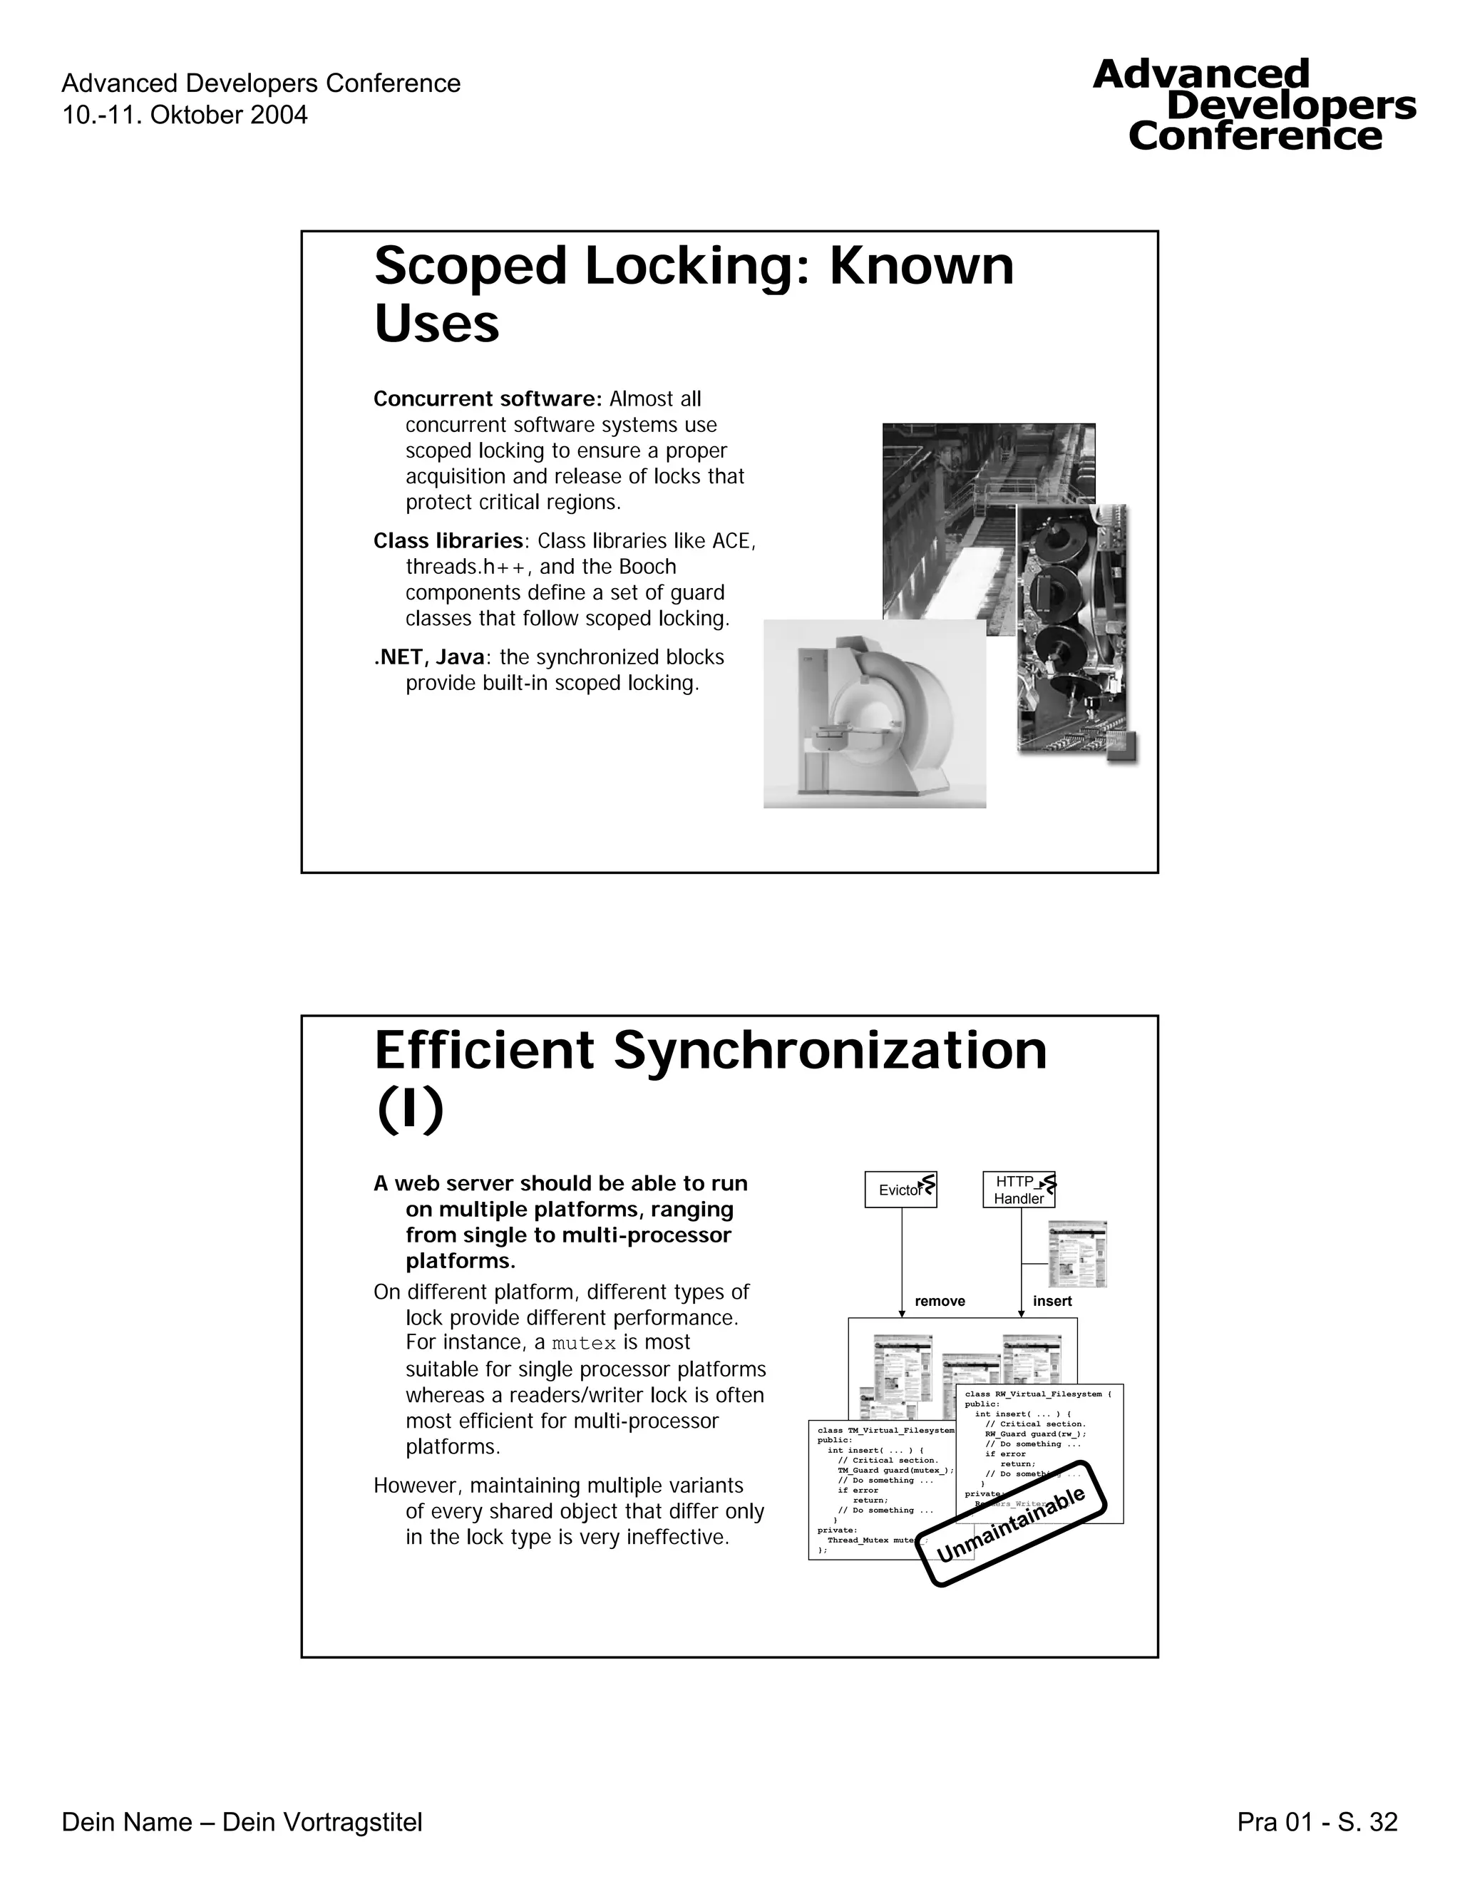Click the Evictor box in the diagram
click(x=900, y=1189)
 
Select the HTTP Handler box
click(x=1018, y=1189)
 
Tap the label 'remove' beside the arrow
click(x=940, y=1301)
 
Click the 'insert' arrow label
click(x=1052, y=1301)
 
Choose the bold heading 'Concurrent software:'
click(x=487, y=398)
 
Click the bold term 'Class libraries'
click(x=448, y=540)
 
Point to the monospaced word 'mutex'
click(x=584, y=1343)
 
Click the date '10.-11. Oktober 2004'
click(x=184, y=115)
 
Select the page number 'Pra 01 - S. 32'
click(x=1317, y=1823)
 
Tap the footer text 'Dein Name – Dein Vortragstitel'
click(x=242, y=1823)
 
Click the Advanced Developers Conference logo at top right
click(x=1254, y=105)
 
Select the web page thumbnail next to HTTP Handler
click(x=1077, y=1254)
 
